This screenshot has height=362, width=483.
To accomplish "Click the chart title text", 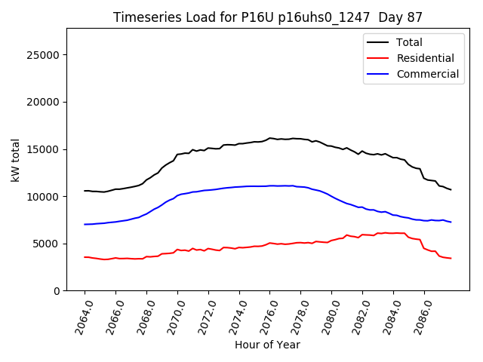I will [x=267, y=17].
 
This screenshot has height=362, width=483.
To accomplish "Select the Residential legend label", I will [x=426, y=58].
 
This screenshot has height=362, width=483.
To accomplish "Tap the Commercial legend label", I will [x=427, y=74].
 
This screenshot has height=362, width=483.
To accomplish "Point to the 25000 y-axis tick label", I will [x=45, y=55].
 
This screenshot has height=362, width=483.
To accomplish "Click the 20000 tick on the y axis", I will [x=45, y=102].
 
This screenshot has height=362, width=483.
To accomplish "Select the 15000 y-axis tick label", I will [x=45, y=149].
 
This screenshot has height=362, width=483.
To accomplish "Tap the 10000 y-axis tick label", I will [x=45, y=196].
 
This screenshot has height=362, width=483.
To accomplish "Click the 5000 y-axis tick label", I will [x=48, y=244].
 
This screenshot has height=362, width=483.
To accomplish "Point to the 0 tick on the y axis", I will [x=57, y=290].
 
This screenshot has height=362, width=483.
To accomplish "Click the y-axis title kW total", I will [x=15, y=160].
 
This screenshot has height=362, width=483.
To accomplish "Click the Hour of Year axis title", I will [x=267, y=345].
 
